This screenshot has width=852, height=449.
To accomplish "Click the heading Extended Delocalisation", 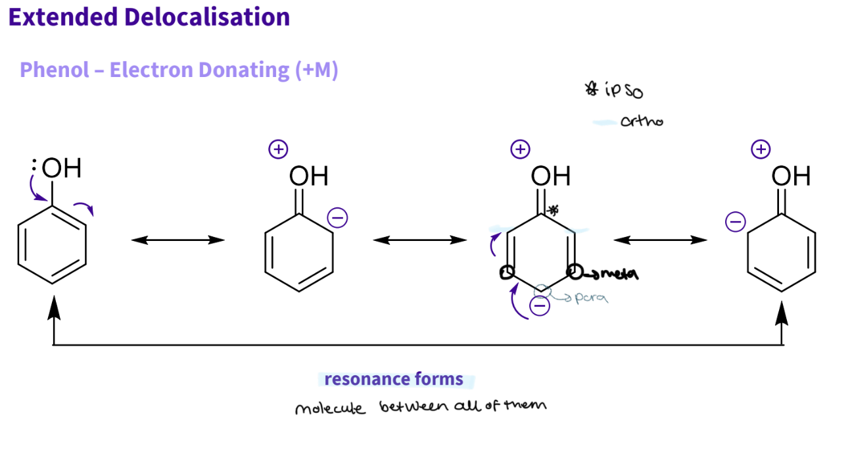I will pos(149,17).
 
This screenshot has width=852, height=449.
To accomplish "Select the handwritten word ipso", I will pos(619,91).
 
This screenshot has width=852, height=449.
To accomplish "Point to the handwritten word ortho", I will pos(641,121).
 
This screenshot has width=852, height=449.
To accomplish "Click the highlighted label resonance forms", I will pos(394,379).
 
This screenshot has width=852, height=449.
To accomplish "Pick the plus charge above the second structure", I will pos(278,149).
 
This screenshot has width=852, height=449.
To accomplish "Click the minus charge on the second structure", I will pos(337,217).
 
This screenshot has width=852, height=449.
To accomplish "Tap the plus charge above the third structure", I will pos(520,149).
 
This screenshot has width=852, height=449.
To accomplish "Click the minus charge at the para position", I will pos(540,306).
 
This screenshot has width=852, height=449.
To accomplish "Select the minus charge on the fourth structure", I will pos(735,222).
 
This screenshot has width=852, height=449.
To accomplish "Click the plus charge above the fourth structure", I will pos(761,149).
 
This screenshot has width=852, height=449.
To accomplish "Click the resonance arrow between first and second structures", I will pos(178,240).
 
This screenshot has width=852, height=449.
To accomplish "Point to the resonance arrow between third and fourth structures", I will pos(660,240).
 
